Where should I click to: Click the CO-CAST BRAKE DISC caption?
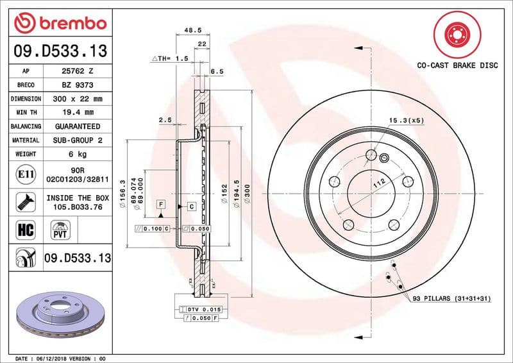tap(456, 65)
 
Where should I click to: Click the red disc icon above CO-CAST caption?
tap(456, 33)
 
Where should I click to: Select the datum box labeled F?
tap(160, 203)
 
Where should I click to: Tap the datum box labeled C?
tap(191, 207)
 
